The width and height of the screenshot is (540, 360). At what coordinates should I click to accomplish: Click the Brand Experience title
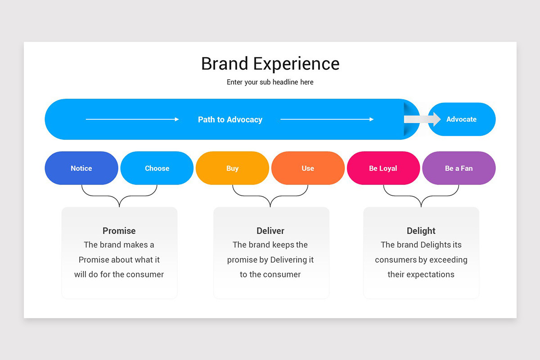tap(270, 63)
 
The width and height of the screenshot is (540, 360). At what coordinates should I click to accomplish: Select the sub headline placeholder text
tap(270, 82)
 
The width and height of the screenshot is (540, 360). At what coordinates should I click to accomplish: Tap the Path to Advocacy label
tap(230, 120)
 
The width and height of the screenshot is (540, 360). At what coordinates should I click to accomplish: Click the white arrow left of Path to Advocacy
tap(132, 119)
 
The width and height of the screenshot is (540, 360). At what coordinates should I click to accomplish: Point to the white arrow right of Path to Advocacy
tap(327, 119)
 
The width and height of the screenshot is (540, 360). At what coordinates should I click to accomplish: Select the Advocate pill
tap(461, 119)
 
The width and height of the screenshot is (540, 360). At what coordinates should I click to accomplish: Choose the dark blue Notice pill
tap(81, 168)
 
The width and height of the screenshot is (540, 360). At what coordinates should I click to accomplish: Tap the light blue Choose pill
tap(157, 168)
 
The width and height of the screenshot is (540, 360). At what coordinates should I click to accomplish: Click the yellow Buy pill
tap(232, 168)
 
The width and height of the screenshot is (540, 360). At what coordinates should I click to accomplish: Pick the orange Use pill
tap(308, 168)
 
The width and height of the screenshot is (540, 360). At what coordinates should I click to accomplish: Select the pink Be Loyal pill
tap(383, 168)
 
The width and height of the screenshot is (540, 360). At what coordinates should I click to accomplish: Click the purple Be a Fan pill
tap(459, 168)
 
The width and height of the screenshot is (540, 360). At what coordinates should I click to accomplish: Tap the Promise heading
tap(119, 231)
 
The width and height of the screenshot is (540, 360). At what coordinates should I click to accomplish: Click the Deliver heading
tap(270, 231)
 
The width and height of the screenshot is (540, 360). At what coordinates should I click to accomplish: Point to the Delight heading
tap(421, 231)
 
